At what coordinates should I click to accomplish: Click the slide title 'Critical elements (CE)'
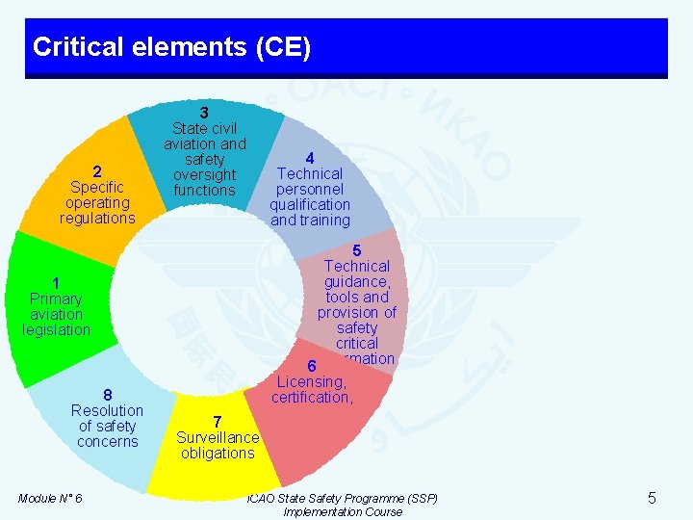pos(171,47)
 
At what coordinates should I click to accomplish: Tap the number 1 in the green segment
pos(56,283)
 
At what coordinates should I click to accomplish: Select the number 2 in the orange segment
pos(97,171)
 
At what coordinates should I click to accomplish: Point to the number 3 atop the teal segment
pos(204,113)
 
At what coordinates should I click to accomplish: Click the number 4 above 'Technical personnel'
pos(310,158)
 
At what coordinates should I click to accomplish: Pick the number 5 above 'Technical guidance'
pos(357,250)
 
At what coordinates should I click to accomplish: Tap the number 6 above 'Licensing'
pos(312,366)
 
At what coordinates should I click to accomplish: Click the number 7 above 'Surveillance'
pos(218,422)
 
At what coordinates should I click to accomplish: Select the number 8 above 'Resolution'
pos(108,395)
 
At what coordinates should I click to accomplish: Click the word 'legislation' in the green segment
pos(56,330)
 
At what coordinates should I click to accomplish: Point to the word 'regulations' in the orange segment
pos(97,219)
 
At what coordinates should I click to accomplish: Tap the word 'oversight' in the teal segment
pos(204,174)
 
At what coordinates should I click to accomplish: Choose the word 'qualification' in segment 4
pos(310,204)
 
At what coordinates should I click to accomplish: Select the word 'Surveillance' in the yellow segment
pos(218,437)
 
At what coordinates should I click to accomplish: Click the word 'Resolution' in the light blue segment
pos(108,410)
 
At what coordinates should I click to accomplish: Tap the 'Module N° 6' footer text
pos(50,498)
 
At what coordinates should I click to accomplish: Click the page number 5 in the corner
pos(652,498)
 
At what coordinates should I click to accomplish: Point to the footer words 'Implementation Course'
pos(343,512)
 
